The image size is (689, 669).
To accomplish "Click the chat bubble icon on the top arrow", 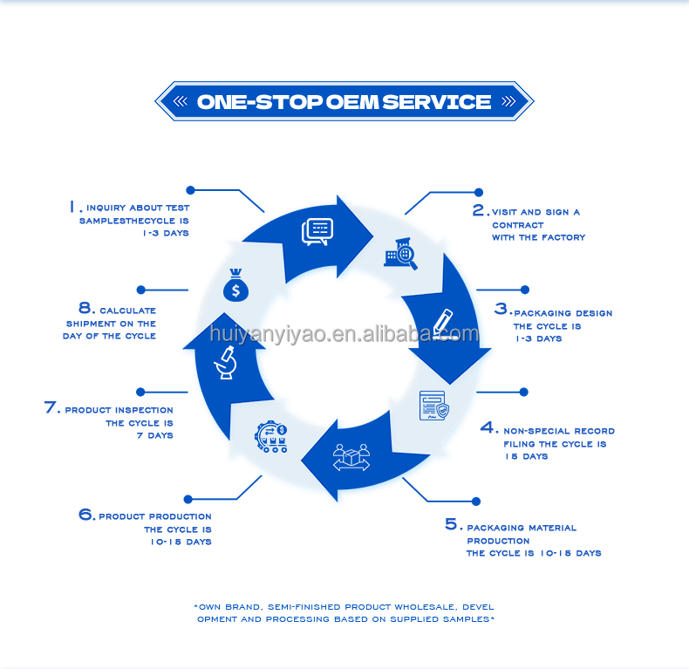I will coord(317,231).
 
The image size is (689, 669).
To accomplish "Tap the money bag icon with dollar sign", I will coord(235,283).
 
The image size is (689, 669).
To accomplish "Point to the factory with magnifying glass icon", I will coord(400,253).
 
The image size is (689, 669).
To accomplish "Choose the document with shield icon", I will coord(434,406).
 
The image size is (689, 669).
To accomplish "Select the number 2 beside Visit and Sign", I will coord(479,210).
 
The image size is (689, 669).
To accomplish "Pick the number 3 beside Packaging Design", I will coord(501,309).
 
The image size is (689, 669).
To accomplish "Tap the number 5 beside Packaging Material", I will coord(451,524).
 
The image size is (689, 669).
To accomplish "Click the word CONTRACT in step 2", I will coord(517,225).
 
